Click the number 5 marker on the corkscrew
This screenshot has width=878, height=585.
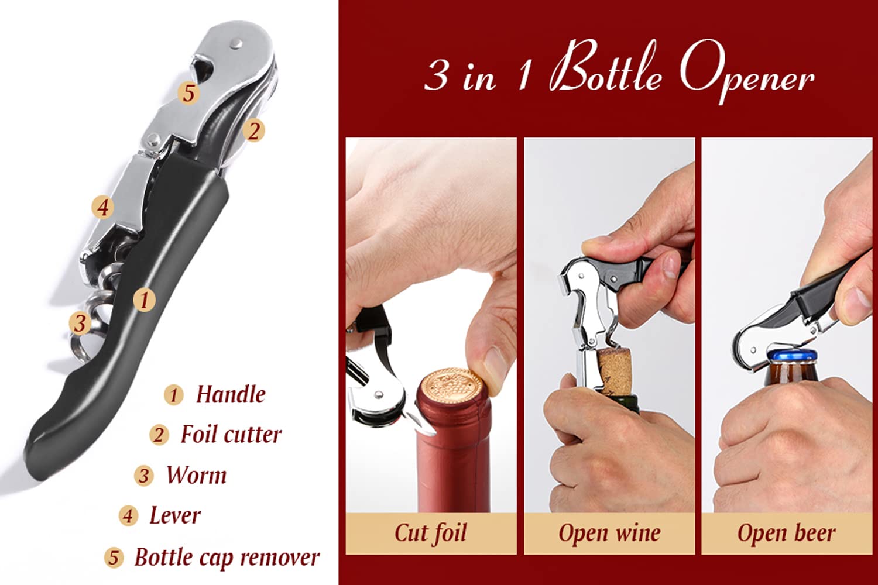[188, 92]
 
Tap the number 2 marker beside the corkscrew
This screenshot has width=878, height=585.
[253, 130]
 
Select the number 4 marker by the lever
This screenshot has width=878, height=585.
[102, 207]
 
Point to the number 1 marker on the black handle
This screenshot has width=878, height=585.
[144, 300]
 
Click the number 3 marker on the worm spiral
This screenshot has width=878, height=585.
[80, 323]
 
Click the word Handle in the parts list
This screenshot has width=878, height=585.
[230, 394]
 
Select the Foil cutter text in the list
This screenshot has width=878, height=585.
[231, 435]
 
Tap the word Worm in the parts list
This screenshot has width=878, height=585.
[196, 475]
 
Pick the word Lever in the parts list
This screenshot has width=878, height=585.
[174, 516]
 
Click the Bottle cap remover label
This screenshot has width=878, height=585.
[227, 558]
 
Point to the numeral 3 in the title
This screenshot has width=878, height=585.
[437, 75]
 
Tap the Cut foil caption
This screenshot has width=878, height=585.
[431, 533]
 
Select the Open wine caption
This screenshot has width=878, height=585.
[609, 533]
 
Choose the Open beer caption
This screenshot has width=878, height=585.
[786, 533]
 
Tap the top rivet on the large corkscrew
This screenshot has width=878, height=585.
[236, 43]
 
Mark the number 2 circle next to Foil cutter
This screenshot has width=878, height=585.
[158, 435]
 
